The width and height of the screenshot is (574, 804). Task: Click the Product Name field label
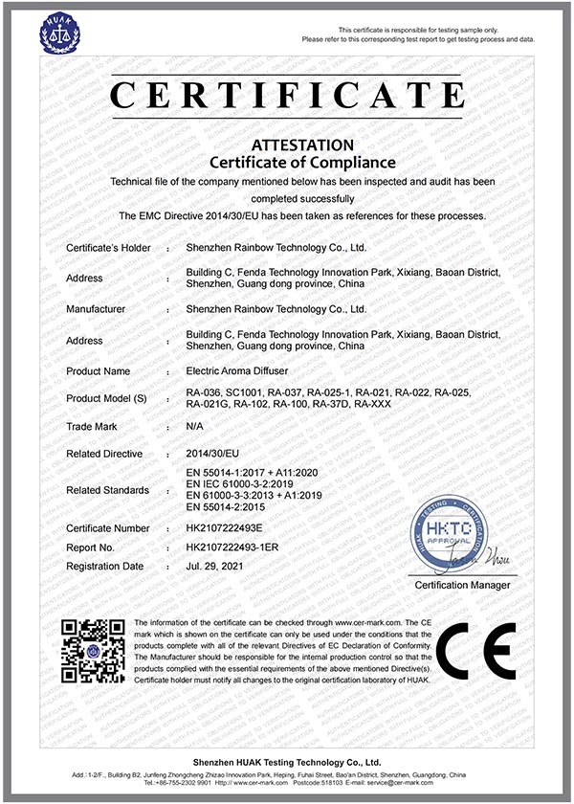(98, 370)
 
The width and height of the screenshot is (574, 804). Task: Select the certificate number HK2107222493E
(231, 528)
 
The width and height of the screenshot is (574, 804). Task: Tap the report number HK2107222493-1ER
(238, 547)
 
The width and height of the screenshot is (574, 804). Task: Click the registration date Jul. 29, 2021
(218, 567)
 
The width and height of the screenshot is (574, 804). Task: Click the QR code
(94, 652)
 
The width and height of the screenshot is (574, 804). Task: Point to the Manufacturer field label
(96, 309)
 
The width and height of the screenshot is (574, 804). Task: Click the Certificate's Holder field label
(108, 248)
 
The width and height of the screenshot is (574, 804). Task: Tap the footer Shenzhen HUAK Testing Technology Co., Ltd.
(287, 762)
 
